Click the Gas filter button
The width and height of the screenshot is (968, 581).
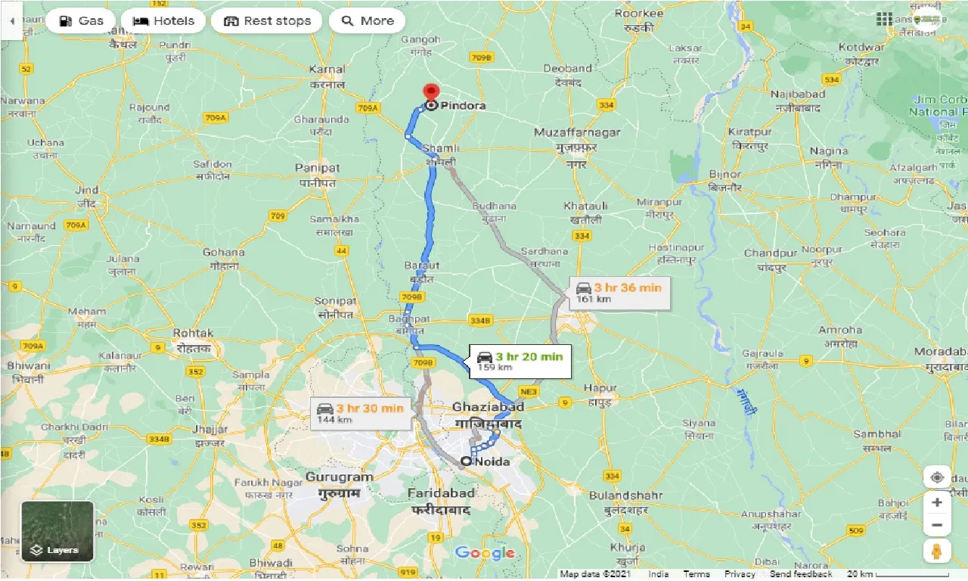click(x=80, y=21)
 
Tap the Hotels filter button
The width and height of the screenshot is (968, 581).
click(x=163, y=21)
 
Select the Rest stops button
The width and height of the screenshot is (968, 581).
click(x=267, y=21)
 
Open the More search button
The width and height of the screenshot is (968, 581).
click(x=368, y=21)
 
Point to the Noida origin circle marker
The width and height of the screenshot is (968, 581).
click(x=466, y=461)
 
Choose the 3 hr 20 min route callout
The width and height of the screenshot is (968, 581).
click(x=520, y=361)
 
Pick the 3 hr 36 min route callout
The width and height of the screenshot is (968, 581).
click(x=619, y=292)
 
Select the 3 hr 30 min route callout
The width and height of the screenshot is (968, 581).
click(x=361, y=413)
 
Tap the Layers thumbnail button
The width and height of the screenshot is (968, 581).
click(x=57, y=531)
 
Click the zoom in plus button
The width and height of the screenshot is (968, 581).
click(x=937, y=502)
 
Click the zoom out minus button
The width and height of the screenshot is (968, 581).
click(x=937, y=525)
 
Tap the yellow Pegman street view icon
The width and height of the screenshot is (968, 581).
click(x=937, y=551)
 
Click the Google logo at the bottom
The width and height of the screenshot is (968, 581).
click(x=485, y=553)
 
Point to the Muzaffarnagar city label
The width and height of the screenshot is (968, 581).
click(x=577, y=132)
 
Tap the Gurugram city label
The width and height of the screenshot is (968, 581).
click(x=340, y=477)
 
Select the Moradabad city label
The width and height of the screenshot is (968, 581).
click(x=940, y=352)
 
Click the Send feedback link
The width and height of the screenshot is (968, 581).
click(x=800, y=574)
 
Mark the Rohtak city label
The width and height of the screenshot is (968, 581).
click(x=194, y=333)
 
